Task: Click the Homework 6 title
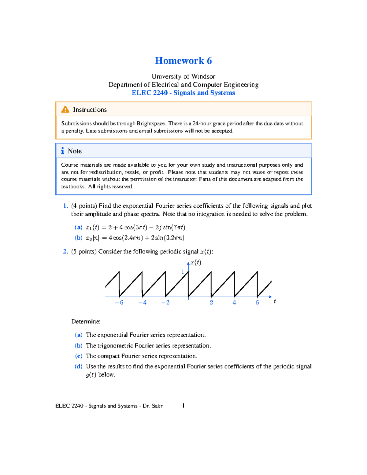pyautogui.click(x=183, y=61)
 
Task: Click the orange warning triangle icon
pyautogui.click(x=65, y=109)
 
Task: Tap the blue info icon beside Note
pyautogui.click(x=63, y=151)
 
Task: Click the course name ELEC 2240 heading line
pyautogui.click(x=183, y=93)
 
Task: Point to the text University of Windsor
pyautogui.click(x=183, y=76)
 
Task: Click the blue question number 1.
pyautogui.click(x=65, y=206)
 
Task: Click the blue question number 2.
pyautogui.click(x=65, y=252)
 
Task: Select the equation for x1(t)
pyautogui.click(x=135, y=227)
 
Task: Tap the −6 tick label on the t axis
pyautogui.click(x=119, y=302)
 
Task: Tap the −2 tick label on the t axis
pyautogui.click(x=165, y=302)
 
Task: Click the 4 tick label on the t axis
pyautogui.click(x=234, y=302)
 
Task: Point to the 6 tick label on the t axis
pyautogui.click(x=257, y=302)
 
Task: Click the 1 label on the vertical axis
pyautogui.click(x=183, y=272)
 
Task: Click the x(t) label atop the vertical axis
pyautogui.click(x=196, y=262)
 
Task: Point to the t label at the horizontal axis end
pyautogui.click(x=275, y=302)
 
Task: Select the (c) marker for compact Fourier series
pyautogui.click(x=79, y=356)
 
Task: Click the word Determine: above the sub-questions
pyautogui.click(x=86, y=321)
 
